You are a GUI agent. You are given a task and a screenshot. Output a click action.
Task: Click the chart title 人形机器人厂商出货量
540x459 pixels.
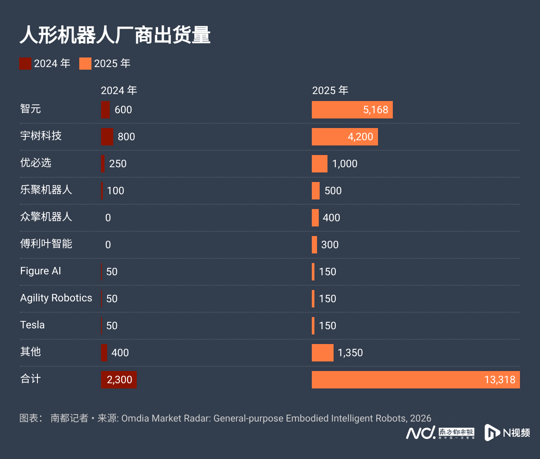click(115, 35)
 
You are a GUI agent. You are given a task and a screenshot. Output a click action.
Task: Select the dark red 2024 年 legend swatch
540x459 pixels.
click(25, 64)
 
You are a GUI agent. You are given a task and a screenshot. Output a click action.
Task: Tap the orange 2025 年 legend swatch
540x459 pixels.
click(85, 64)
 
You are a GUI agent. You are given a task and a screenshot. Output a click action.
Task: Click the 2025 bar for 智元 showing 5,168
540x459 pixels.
click(352, 110)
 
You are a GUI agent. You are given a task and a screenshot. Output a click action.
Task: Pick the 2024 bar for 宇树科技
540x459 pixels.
click(107, 137)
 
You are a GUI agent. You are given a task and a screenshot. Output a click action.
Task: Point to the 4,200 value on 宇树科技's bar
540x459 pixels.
click(360, 137)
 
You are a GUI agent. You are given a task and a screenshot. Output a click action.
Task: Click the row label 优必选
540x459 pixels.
click(36, 163)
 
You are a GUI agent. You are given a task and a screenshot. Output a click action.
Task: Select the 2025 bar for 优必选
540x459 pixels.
click(319, 164)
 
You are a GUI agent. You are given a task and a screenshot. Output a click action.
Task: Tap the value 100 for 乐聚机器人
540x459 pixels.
click(115, 191)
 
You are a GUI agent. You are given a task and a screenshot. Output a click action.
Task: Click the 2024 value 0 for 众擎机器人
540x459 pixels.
click(108, 218)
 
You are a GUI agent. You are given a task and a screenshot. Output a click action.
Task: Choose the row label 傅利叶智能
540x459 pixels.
click(46, 244)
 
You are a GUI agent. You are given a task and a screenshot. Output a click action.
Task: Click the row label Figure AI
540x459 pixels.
click(40, 271)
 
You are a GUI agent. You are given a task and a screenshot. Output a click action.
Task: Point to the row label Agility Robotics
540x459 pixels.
click(56, 298)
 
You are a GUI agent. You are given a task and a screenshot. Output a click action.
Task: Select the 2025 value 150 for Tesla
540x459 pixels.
click(327, 326)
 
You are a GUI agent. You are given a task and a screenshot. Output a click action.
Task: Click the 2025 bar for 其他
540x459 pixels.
click(322, 353)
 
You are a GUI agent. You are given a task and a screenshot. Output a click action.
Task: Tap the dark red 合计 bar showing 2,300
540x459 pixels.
click(119, 380)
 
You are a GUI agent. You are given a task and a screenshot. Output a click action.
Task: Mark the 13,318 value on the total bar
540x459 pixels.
click(499, 380)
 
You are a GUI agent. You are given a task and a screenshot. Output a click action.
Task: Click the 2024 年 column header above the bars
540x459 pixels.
click(119, 91)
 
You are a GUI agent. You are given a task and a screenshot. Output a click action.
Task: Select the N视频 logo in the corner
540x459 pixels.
click(507, 432)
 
